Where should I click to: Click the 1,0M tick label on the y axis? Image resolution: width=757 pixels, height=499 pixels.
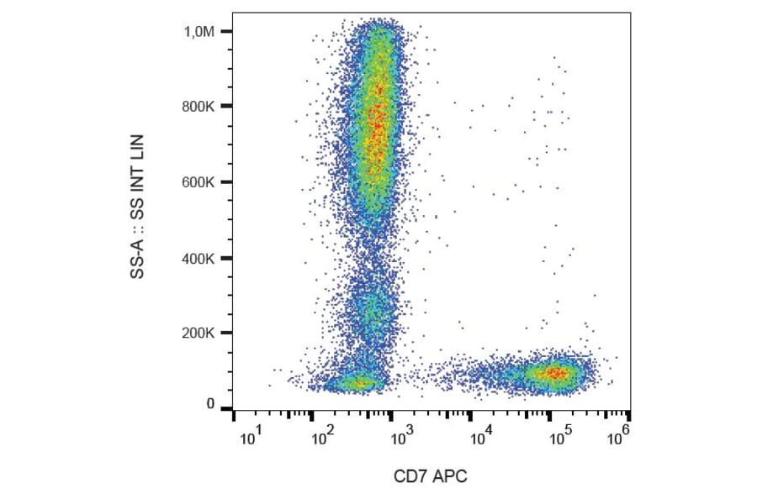[201, 32]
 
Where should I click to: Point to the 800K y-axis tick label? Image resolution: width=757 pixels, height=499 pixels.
[201, 107]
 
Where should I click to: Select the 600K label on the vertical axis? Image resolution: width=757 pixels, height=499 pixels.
[201, 182]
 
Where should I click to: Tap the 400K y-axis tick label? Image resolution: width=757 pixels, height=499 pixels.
[201, 258]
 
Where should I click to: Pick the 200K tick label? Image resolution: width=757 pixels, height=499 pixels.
[201, 334]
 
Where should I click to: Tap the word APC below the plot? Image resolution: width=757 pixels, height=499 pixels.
[449, 476]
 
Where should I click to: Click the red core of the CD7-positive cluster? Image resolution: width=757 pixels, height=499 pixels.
[555, 372]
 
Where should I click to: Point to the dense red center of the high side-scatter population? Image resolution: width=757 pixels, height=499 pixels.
[378, 118]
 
